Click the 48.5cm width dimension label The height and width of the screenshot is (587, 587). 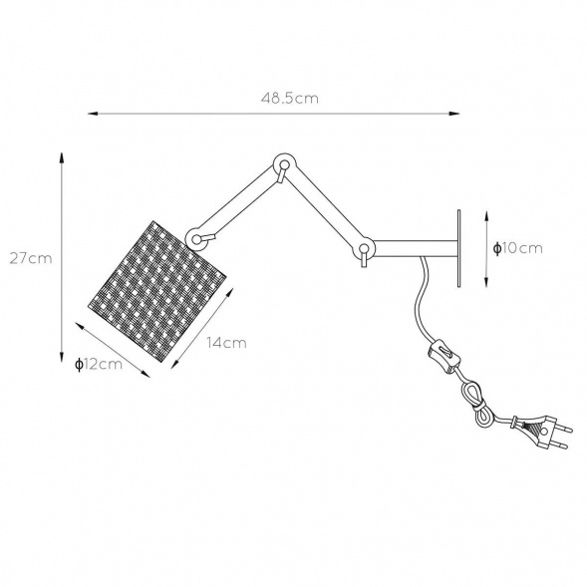point(289,98)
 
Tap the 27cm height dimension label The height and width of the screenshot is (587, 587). point(31,258)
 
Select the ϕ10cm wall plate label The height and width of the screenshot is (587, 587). point(518,248)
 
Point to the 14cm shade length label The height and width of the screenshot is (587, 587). point(227,343)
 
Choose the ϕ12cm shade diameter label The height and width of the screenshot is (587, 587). point(99,364)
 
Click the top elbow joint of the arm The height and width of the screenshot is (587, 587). point(284,164)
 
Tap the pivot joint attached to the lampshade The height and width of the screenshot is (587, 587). point(197,238)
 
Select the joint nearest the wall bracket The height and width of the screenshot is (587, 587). point(363,248)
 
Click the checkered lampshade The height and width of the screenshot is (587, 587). point(157,291)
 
